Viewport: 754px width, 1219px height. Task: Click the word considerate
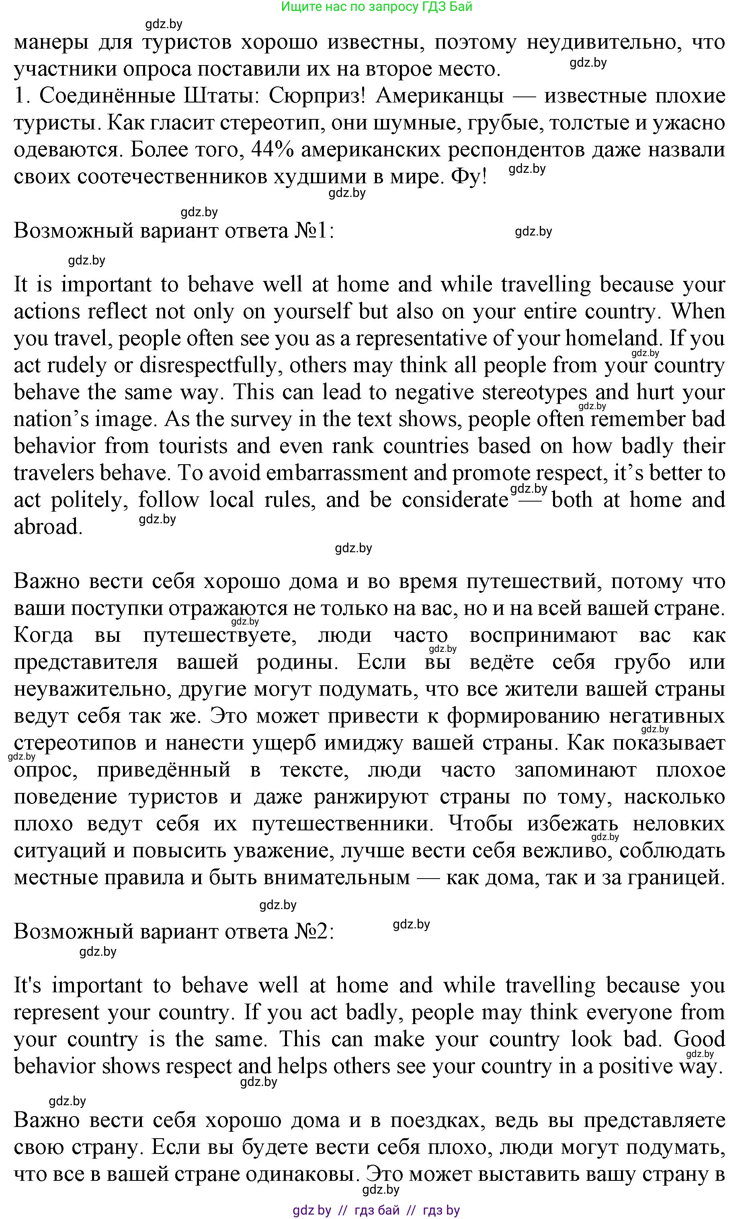455,500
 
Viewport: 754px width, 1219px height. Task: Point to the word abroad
47,527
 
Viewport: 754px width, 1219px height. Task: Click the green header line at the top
377,7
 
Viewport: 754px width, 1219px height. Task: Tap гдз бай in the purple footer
377,1209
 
